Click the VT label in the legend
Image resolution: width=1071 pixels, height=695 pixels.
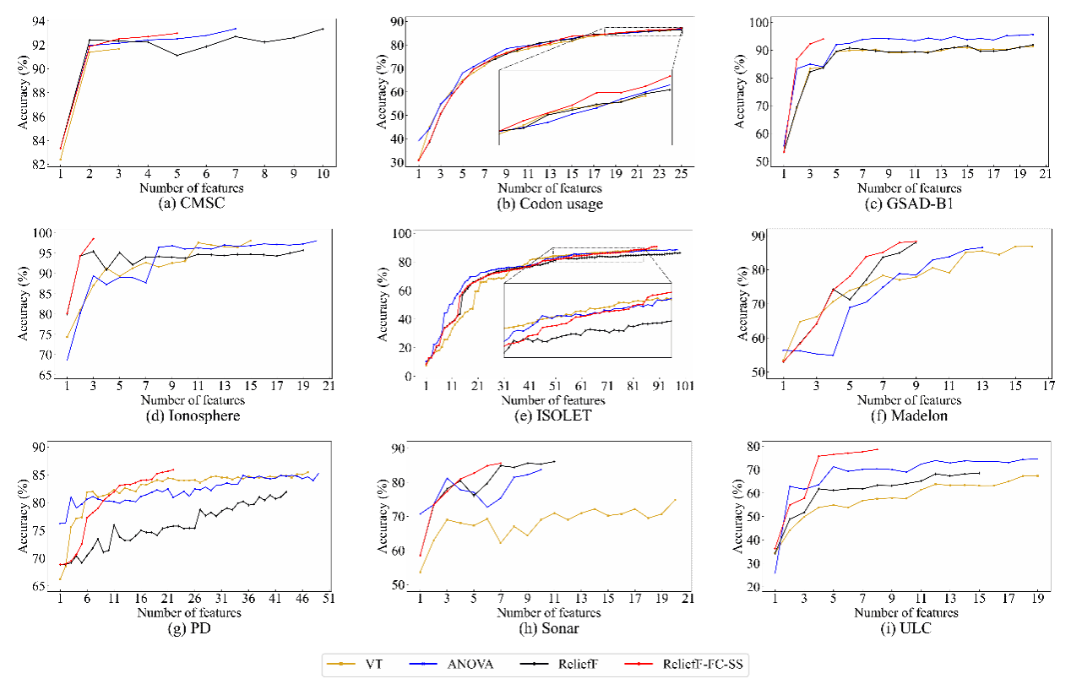[x=373, y=665]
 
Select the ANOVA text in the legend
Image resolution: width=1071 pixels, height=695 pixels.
[x=470, y=665]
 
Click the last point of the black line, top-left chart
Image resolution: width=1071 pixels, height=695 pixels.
[x=323, y=29]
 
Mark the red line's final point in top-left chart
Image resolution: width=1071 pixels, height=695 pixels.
[x=177, y=33]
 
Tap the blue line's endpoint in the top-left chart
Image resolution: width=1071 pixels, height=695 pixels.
[x=236, y=29]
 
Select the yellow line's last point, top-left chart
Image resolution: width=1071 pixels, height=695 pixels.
[x=119, y=48]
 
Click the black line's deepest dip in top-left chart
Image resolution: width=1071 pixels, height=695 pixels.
[x=177, y=55]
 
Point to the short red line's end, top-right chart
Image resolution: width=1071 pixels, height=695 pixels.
[x=823, y=38]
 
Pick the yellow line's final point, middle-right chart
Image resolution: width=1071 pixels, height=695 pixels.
[x=1032, y=246]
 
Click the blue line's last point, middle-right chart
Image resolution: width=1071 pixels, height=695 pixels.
[x=982, y=247]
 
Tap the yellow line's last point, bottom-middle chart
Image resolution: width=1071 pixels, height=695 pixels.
[x=676, y=500]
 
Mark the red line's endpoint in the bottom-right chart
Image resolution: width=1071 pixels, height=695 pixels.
[x=878, y=449]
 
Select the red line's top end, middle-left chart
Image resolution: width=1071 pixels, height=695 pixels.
[x=93, y=238]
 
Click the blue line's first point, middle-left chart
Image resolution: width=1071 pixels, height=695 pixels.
[x=68, y=360]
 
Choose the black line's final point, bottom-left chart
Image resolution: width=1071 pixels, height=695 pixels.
[x=286, y=491]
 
